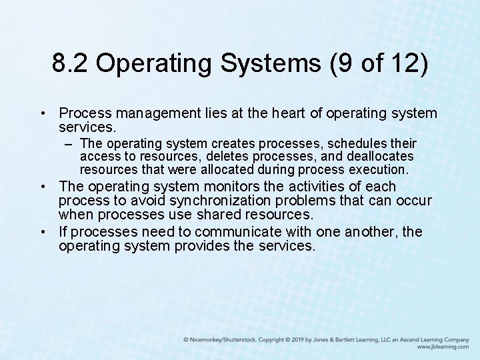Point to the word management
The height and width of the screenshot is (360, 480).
pos(156,113)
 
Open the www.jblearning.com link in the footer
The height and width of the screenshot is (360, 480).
pos(443,347)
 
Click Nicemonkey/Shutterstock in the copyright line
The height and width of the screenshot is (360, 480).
pos(220,340)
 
